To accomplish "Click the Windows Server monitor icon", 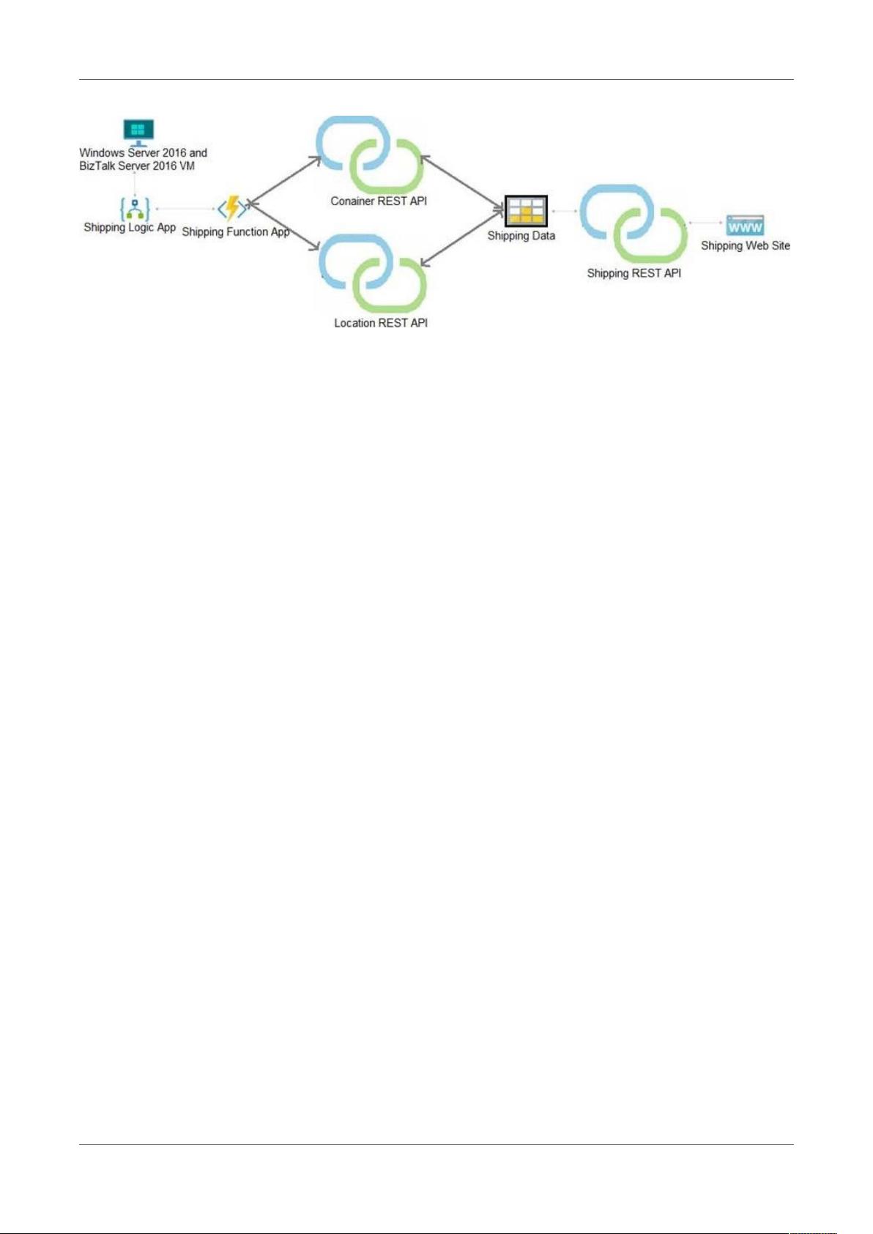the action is (x=138, y=133).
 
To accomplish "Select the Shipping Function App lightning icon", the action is (x=232, y=209).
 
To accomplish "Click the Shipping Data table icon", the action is (x=526, y=211).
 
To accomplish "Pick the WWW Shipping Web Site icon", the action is (x=745, y=226).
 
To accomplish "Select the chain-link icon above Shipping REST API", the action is (x=634, y=224).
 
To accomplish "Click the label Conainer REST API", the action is (x=379, y=201).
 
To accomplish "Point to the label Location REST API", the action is (x=381, y=323).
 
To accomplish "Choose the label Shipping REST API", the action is (x=634, y=273).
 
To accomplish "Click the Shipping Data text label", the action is (x=521, y=236).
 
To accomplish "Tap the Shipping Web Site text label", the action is (x=746, y=245).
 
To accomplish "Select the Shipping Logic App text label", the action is (x=130, y=228).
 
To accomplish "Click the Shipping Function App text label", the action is (x=235, y=232).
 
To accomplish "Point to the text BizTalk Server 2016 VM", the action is (x=137, y=166).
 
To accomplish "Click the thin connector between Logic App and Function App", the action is (x=186, y=209).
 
